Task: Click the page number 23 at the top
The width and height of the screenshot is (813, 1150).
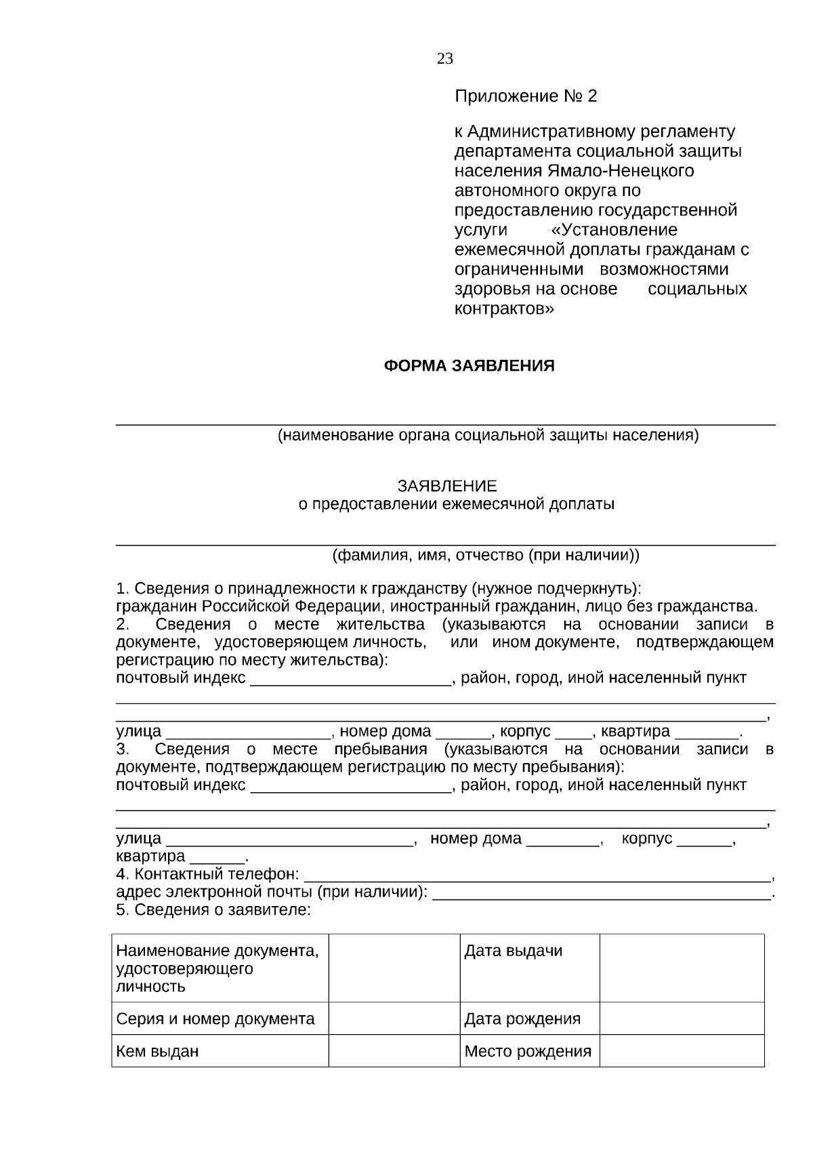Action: tap(444, 59)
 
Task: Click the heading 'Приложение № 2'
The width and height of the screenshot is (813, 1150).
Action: tap(525, 96)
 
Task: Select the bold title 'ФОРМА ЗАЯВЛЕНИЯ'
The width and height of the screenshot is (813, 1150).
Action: tap(469, 367)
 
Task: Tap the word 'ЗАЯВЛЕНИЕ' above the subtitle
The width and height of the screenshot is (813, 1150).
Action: tap(446, 487)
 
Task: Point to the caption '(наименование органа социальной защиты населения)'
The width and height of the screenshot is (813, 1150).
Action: tap(488, 436)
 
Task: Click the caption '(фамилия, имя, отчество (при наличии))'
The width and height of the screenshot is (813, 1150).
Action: tap(485, 556)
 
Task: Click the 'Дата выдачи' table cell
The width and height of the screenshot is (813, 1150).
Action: tap(513, 951)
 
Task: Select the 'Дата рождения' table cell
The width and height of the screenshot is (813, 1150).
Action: tap(522, 1019)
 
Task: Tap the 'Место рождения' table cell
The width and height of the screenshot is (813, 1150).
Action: tap(527, 1052)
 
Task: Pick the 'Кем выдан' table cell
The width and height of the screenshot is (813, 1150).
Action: tap(157, 1052)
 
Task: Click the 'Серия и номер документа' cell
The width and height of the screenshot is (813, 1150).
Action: tap(215, 1019)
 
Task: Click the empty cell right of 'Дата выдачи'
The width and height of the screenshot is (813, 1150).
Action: tap(681, 968)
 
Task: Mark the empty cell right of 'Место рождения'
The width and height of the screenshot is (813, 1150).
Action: tap(681, 1051)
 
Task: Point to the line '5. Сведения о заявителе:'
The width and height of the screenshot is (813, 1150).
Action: tap(213, 910)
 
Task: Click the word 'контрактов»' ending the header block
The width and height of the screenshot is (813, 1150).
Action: tap(503, 310)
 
